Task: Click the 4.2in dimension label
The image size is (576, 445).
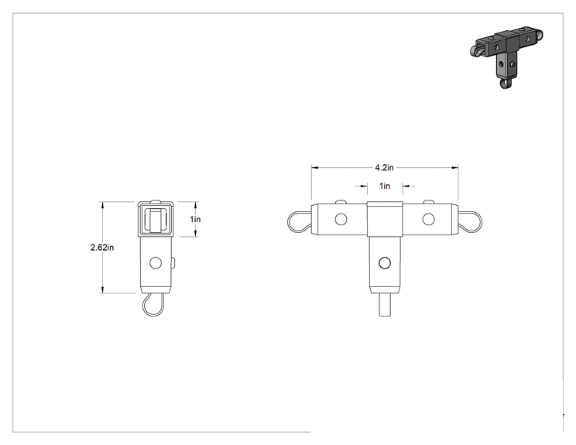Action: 384,168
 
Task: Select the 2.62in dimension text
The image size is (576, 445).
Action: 102,248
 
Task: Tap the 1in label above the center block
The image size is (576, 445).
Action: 385,187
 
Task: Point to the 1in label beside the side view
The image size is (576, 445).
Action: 195,219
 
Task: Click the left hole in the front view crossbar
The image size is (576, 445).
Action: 341,219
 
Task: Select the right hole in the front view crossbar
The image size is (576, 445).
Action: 428,219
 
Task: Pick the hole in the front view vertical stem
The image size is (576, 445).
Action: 385,263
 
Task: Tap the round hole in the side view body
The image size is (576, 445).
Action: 156,263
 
